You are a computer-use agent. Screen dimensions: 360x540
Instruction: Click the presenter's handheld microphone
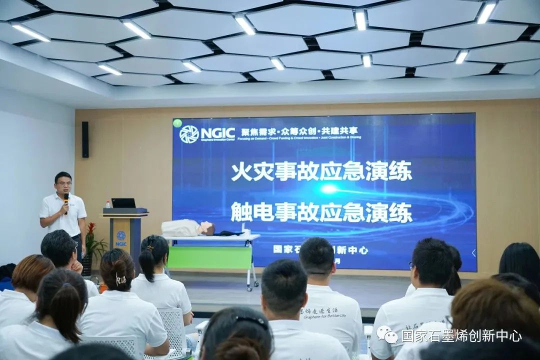[66, 199]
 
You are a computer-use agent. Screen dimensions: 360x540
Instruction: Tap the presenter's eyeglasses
[63, 183]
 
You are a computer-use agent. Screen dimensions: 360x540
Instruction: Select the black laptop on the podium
[123, 203]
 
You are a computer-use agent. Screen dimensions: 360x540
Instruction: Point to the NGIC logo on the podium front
[121, 238]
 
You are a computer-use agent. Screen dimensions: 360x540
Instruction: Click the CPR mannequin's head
[206, 228]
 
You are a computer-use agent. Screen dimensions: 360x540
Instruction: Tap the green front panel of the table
[209, 257]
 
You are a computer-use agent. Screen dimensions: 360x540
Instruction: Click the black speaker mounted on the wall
[85, 139]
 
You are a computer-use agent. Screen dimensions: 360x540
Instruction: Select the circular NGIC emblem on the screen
[189, 134]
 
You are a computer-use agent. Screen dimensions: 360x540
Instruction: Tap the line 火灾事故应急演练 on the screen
[321, 171]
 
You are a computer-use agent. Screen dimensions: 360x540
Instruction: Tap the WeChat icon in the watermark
[387, 334]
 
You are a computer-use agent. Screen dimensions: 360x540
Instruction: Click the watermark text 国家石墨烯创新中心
[461, 335]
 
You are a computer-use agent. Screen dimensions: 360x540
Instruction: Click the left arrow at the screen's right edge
[473, 253]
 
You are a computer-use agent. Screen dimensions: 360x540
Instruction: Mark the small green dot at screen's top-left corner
[177, 123]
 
